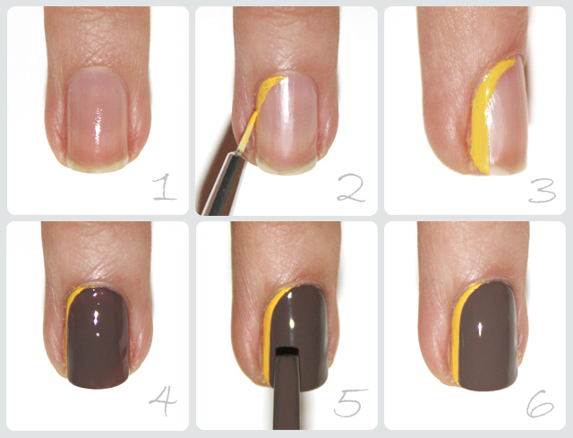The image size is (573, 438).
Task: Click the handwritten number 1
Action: pos(165,187)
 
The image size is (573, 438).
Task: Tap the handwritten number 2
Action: pos(351,188)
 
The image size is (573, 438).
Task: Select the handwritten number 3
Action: pos(543,191)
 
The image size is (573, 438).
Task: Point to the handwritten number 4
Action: pos(163,401)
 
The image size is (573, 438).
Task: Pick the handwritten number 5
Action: pos(350,402)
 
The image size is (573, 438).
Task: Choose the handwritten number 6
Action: pos(540,404)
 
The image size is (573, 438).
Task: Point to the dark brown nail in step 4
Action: pos(98,337)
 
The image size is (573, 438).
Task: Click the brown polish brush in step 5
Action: pos(286,388)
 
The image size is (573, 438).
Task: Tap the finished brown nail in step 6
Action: pos(487,337)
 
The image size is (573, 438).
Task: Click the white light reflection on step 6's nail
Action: pos(480,329)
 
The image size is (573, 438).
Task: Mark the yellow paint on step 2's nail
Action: pos(268,91)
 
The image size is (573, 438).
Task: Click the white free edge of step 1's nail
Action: pos(98,167)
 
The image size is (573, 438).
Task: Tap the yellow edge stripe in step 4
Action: pos(68,329)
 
